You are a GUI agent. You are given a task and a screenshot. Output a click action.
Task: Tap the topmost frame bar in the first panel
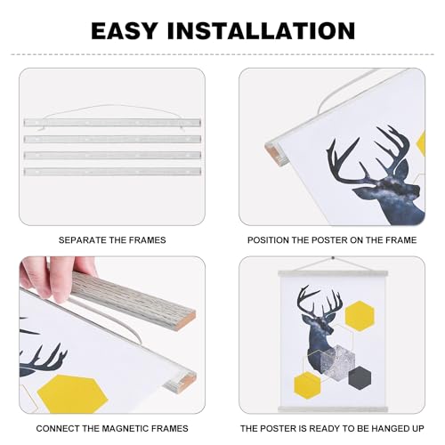click(x=112, y=122)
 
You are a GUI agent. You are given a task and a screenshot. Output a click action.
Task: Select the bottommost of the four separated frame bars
click(x=112, y=171)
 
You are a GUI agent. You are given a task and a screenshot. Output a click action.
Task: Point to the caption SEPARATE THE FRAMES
click(x=112, y=240)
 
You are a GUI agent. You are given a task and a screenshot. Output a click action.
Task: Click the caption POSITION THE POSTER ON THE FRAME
click(x=333, y=240)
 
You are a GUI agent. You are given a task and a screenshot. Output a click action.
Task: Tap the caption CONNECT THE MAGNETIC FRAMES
click(x=112, y=426)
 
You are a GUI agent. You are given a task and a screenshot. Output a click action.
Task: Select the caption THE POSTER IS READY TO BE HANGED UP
click(x=333, y=426)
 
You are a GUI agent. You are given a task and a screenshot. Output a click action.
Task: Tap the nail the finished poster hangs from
click(x=333, y=259)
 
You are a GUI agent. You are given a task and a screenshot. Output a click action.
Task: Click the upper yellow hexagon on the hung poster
click(x=359, y=314)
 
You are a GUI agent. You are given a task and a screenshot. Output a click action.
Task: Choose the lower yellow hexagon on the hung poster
click(x=308, y=384)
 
